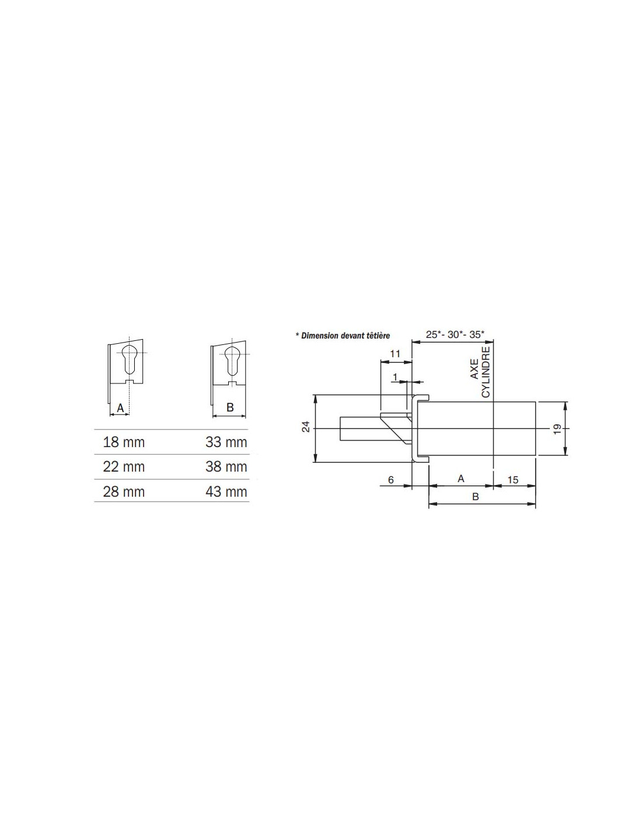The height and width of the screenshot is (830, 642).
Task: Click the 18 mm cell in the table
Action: click(x=124, y=442)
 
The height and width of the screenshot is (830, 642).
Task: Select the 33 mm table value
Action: click(x=226, y=442)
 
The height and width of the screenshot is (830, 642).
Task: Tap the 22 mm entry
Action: click(x=124, y=467)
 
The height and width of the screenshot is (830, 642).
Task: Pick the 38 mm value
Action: click(x=226, y=467)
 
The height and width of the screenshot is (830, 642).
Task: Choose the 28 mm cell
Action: click(x=124, y=491)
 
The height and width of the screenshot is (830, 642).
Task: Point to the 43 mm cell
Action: click(x=226, y=491)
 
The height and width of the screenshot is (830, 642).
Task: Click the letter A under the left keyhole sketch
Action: click(x=120, y=409)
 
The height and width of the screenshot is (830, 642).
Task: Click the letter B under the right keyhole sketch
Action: click(x=230, y=407)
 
